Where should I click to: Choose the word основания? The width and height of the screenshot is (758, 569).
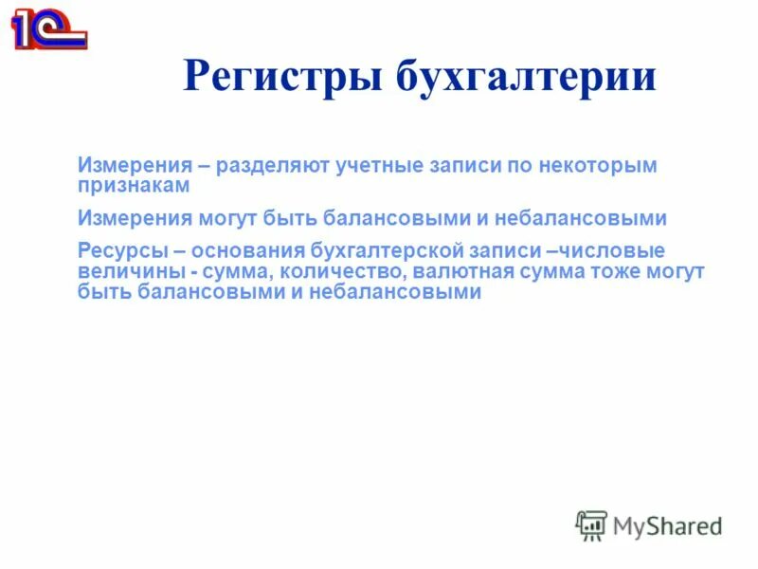click(x=247, y=251)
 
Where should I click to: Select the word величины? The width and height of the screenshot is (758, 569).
click(x=127, y=272)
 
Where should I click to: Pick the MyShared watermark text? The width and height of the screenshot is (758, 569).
click(x=667, y=524)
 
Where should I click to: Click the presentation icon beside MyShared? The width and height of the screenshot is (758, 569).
click(x=591, y=525)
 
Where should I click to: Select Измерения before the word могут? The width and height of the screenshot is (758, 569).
click(x=135, y=218)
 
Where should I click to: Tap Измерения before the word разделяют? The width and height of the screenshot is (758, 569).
click(x=135, y=166)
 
